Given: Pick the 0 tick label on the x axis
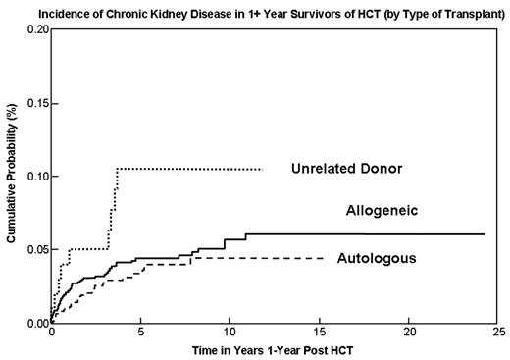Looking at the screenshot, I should [51, 334].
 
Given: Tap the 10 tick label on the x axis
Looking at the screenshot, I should [229, 334].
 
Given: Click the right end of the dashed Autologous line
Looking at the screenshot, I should [325, 258].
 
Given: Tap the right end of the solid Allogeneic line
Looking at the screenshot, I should [484, 234].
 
